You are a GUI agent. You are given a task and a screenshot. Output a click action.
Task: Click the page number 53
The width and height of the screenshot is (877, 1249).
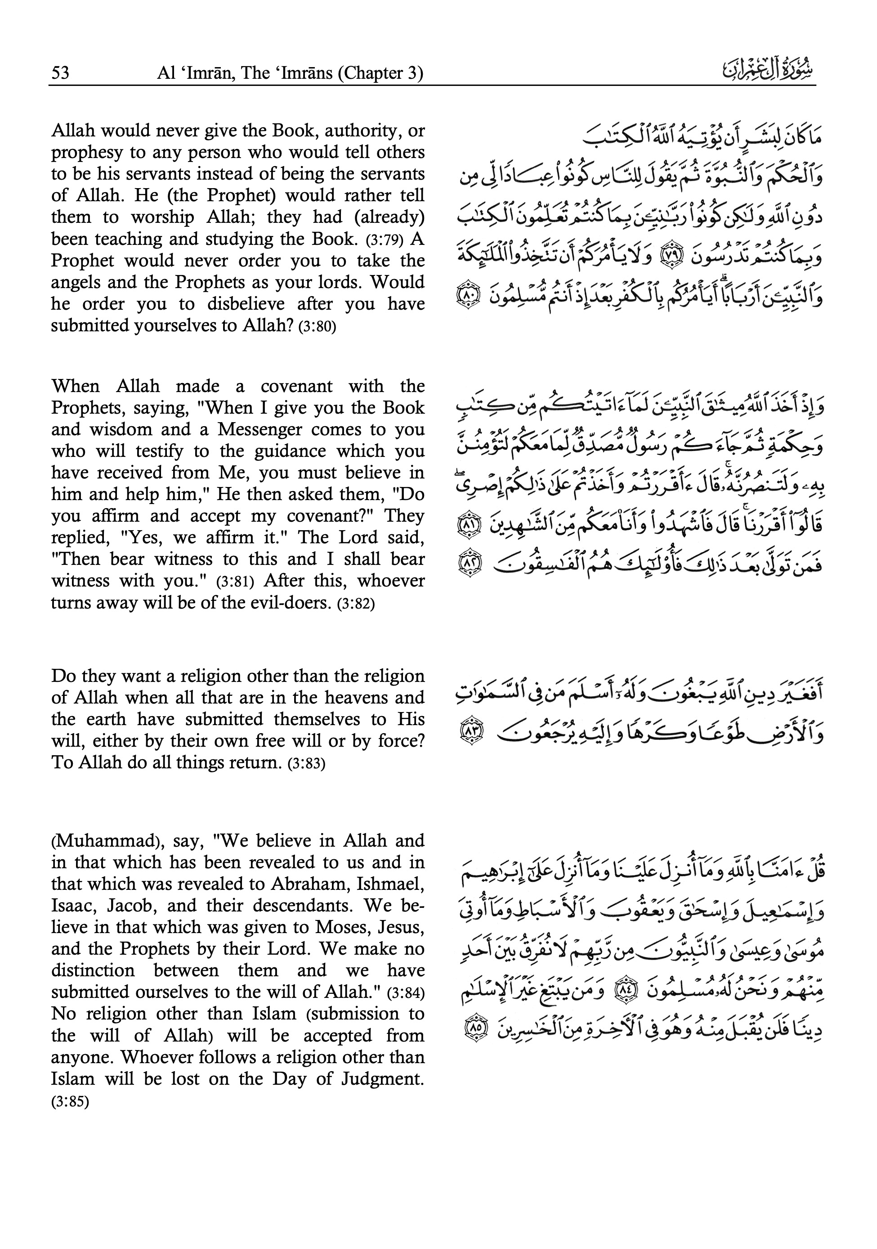coord(60,73)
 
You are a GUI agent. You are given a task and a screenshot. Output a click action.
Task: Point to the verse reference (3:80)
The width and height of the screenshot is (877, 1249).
coord(318,327)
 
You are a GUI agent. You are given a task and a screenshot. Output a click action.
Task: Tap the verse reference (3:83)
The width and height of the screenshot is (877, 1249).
coord(306,764)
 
